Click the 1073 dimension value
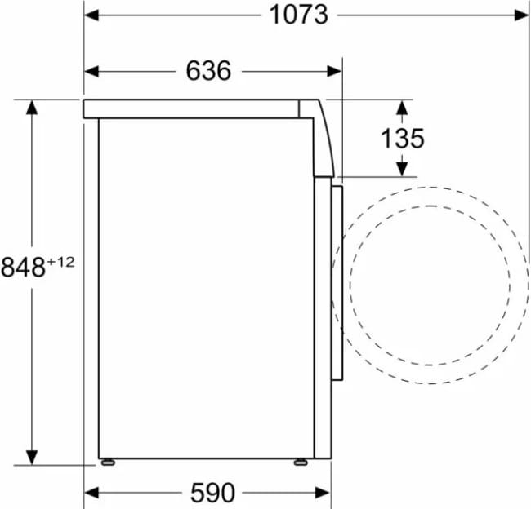pyautogui.click(x=298, y=15)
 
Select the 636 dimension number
pyautogui.click(x=208, y=71)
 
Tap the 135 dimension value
pyautogui.click(x=402, y=139)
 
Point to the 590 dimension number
pyautogui.click(x=212, y=493)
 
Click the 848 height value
pyautogui.click(x=23, y=267)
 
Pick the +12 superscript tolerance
pyautogui.click(x=60, y=262)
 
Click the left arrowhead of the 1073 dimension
pyautogui.click(x=91, y=15)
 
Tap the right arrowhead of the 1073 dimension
pyautogui.click(x=521, y=15)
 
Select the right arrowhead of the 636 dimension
pyautogui.click(x=334, y=71)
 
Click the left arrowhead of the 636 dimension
pyautogui.click(x=91, y=71)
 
